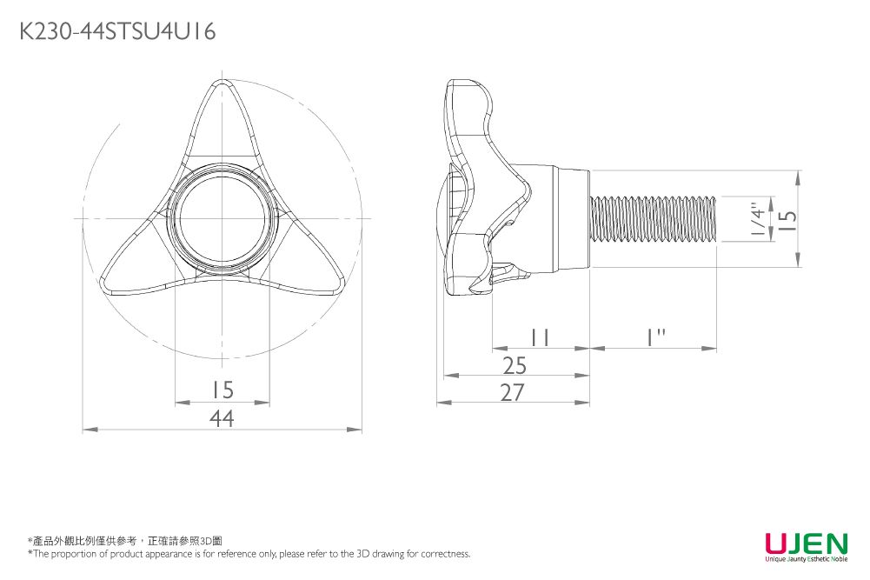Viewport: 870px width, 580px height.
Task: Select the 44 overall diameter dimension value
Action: coord(222,419)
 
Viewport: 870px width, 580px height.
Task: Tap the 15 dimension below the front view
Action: coord(222,389)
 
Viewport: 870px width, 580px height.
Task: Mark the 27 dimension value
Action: coord(513,392)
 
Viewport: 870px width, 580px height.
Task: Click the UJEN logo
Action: coord(806,543)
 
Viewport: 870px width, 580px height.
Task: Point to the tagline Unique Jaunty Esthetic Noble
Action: coord(806,560)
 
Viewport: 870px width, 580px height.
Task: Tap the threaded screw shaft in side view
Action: coord(652,219)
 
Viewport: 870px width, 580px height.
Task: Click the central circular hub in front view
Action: coord(222,217)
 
